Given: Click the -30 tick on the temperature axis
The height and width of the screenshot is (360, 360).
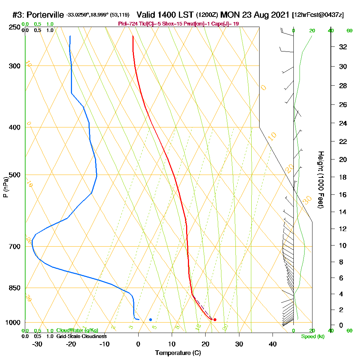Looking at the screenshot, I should (37, 344).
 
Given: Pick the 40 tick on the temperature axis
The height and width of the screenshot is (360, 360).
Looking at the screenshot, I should (273, 344).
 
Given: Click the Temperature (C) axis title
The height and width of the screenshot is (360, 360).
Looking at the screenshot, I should (178, 353).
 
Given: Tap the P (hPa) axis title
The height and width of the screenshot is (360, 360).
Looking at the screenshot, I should (5, 187).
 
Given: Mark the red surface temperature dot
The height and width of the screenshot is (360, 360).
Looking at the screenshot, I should (215, 319).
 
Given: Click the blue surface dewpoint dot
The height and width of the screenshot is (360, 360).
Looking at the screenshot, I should (150, 319).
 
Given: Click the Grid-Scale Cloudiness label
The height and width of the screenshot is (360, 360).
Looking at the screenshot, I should (81, 336).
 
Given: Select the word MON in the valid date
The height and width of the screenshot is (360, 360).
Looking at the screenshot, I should (229, 15).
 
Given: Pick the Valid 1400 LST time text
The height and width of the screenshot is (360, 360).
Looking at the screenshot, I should (165, 15).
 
